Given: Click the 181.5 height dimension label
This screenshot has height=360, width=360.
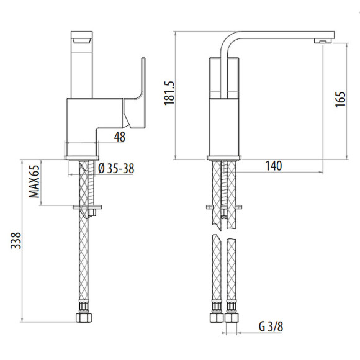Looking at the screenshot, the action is pos(169,92).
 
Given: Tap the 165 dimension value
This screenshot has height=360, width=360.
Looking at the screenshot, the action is pos(340,99).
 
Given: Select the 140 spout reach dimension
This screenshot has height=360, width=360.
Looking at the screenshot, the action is pos(274,166).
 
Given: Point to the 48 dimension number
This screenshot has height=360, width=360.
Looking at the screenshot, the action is pos(120,137).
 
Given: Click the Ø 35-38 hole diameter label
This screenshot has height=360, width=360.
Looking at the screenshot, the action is pos(116,169).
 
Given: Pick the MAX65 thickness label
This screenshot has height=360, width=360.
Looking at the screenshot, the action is pos(34,181).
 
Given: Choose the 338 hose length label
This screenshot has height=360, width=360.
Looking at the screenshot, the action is pos(16,240).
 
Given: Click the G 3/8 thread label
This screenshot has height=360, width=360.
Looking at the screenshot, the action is pos(271,326).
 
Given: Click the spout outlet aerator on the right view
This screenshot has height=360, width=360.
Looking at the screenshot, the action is pos(323,42).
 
